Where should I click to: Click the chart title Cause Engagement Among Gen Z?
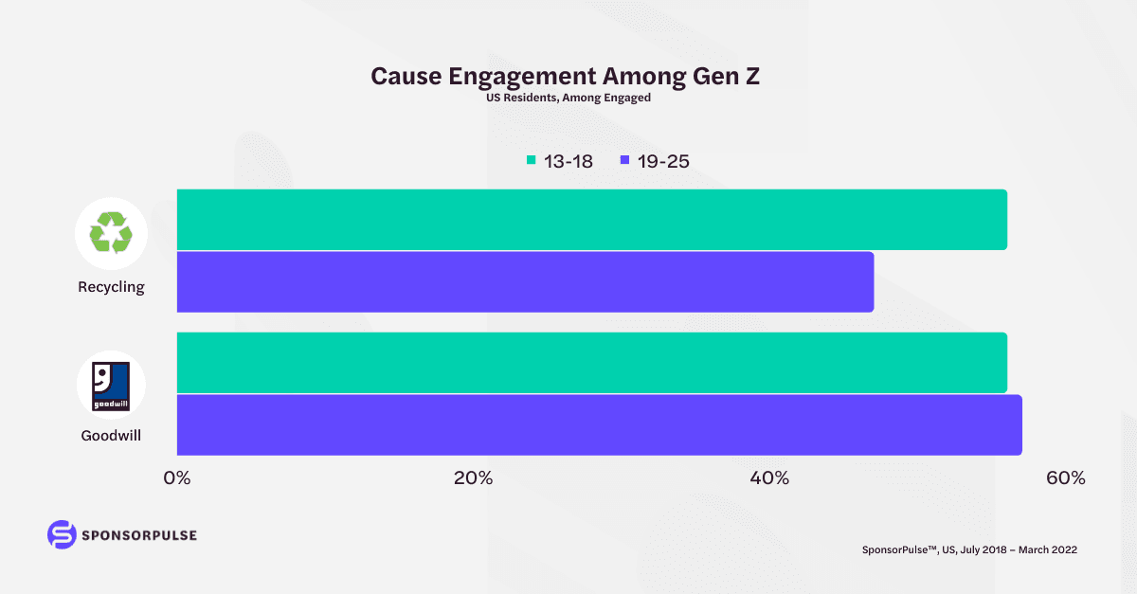565,77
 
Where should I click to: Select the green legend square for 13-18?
531,161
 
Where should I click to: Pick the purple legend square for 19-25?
624,161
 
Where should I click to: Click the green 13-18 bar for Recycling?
591,220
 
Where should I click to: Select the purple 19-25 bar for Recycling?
525,281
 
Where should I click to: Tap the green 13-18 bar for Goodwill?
591,362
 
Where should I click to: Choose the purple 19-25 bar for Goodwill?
599,424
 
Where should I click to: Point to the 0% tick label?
177,478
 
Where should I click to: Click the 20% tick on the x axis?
473,478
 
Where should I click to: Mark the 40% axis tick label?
769,478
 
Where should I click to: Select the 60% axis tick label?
1065,478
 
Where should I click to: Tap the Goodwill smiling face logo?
111,386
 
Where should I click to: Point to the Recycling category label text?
111,287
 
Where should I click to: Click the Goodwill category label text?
111,437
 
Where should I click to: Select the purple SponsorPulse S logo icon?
61,534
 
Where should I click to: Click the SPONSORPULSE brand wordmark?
139,535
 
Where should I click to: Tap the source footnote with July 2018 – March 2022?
969,549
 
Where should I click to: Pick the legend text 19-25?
663,161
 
